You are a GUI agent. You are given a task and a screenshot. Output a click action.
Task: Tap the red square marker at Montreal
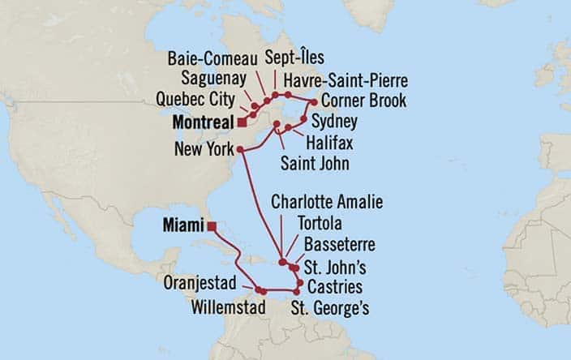[241, 122]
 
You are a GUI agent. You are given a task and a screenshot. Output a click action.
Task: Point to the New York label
[204, 150]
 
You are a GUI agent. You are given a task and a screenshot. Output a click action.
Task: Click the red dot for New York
[241, 150]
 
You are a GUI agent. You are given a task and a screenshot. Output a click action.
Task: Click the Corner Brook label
[363, 101]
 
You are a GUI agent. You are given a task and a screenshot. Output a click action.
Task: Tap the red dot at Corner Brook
[315, 101]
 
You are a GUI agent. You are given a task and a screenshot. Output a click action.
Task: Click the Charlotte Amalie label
[327, 202]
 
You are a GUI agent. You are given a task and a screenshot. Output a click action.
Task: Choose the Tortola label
[326, 223]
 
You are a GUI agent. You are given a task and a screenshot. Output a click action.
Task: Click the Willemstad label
[230, 308]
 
